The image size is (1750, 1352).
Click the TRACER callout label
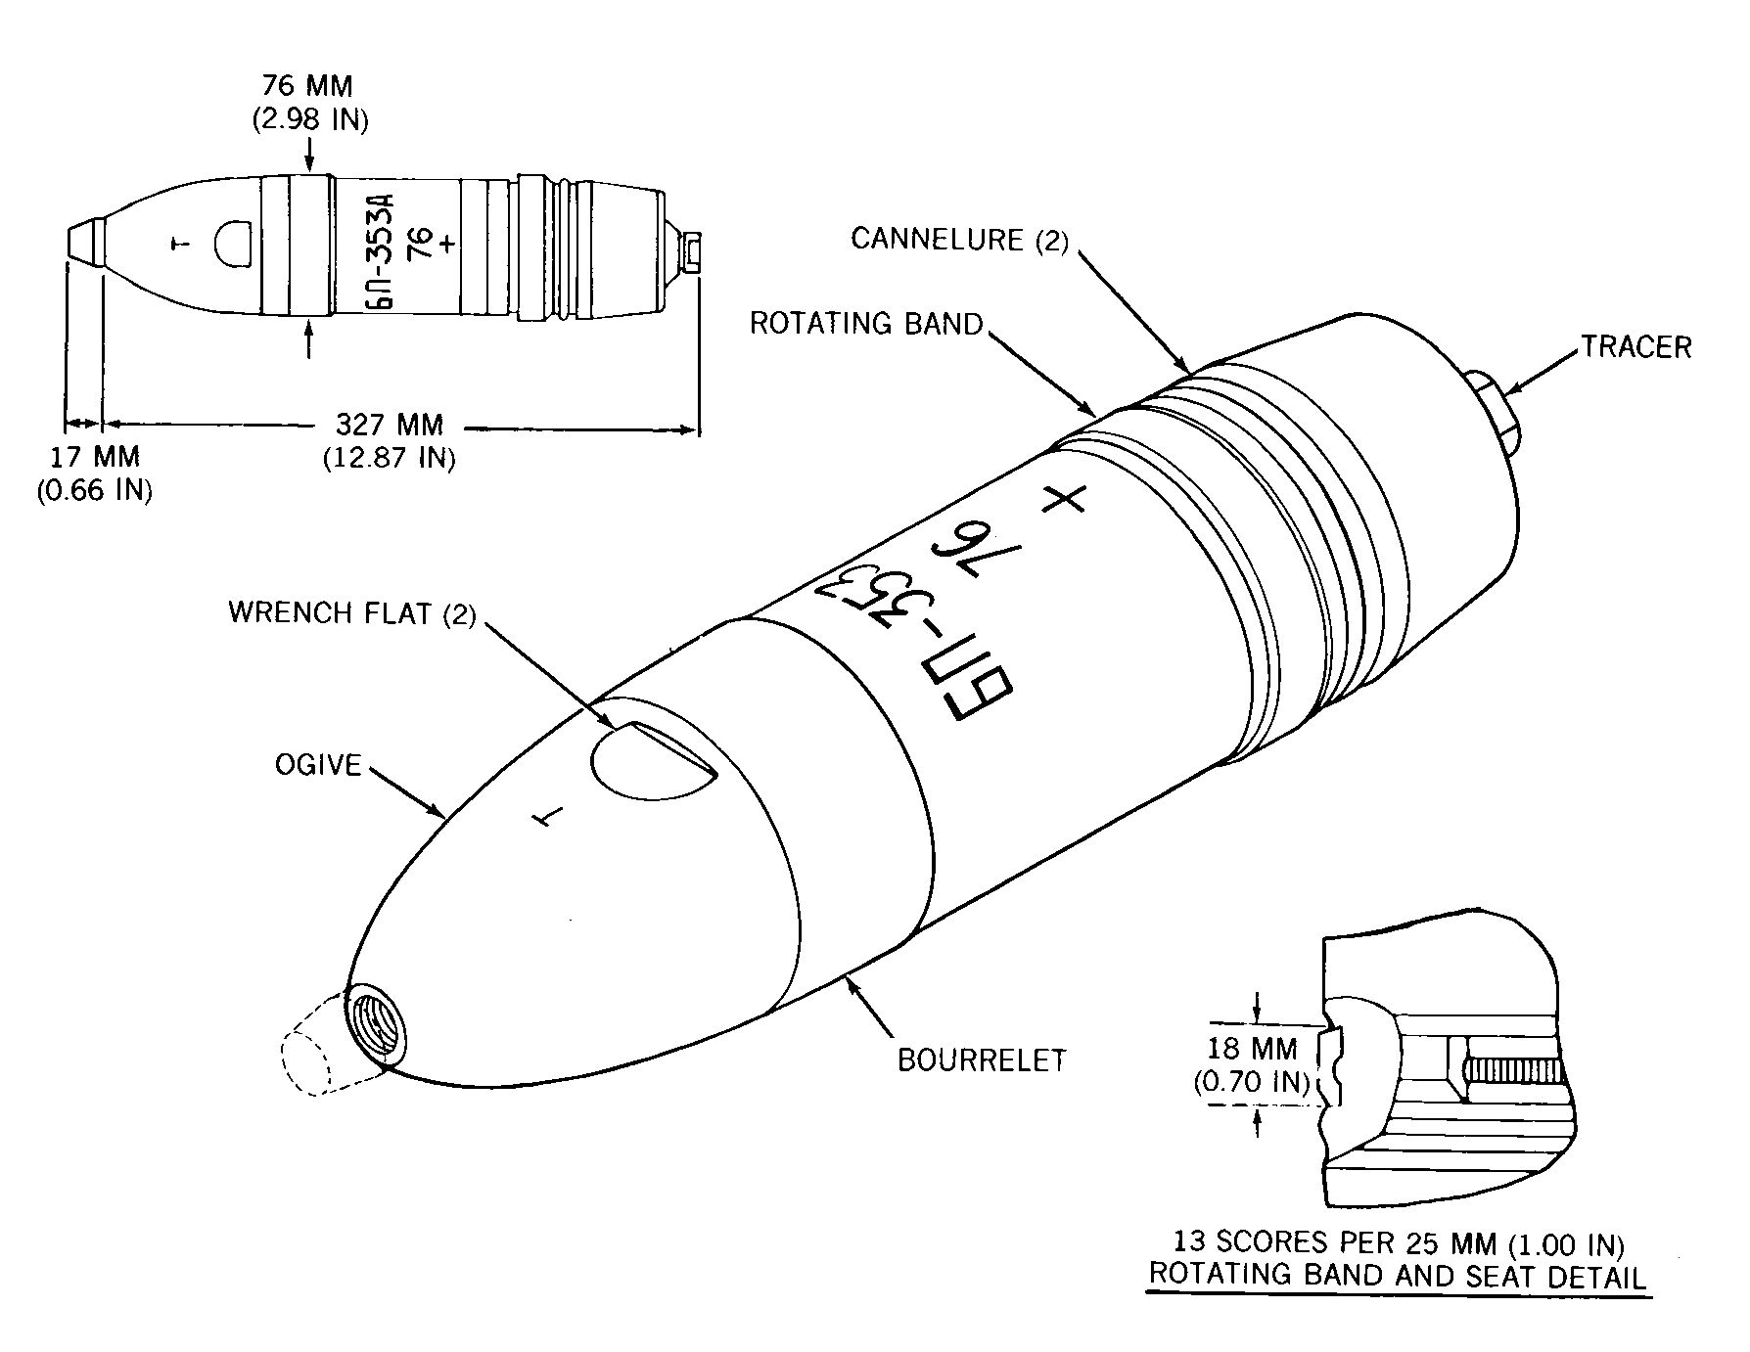pos(1635,347)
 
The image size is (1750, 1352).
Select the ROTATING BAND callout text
pos(865,324)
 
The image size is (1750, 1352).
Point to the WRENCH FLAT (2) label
pos(351,613)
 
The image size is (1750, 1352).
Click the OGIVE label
pos(318,764)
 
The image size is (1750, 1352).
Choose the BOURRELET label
pos(982,1059)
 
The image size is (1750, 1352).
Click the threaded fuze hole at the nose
pos(379,1026)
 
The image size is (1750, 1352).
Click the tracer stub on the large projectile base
pos(1495,411)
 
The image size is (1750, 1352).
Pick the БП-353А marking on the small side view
pos(386,245)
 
